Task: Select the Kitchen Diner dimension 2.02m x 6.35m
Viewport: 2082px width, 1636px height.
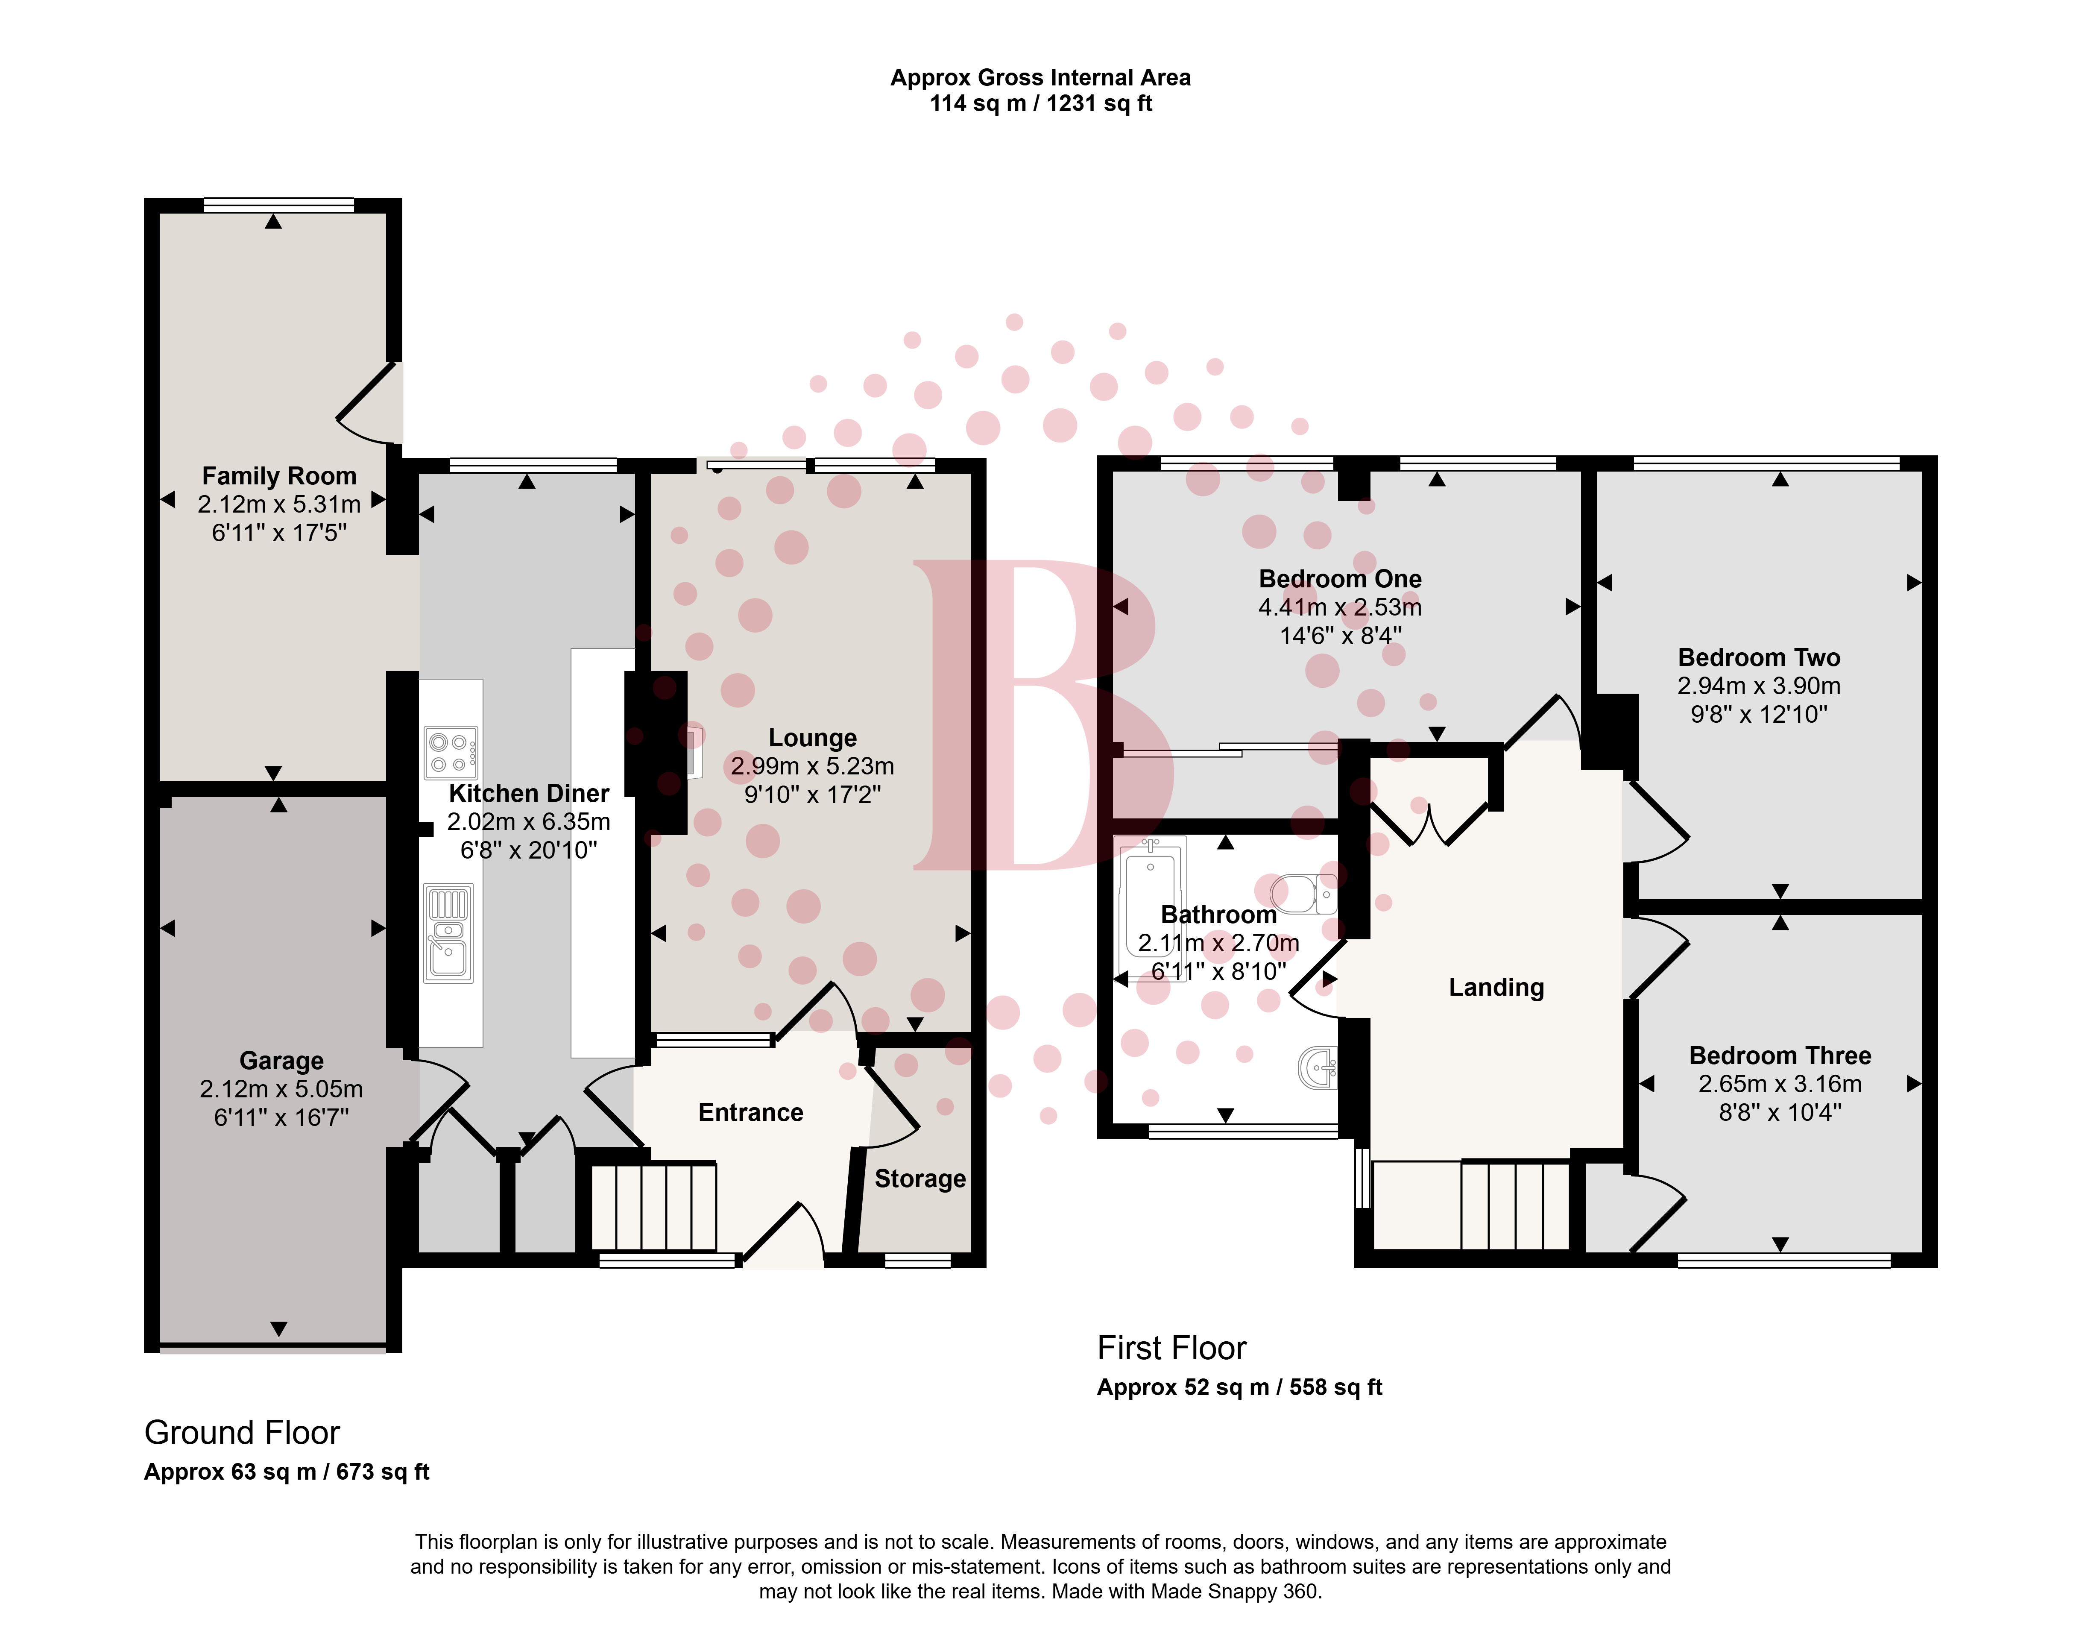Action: pos(529,822)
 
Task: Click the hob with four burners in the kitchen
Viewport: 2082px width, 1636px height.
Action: pos(451,753)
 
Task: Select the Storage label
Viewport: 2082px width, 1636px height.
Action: pos(920,1179)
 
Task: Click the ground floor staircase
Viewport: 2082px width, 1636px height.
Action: pos(653,1207)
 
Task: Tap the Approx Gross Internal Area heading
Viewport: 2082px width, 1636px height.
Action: pos(1041,78)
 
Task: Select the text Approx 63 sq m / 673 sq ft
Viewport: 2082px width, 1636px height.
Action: pos(286,1472)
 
